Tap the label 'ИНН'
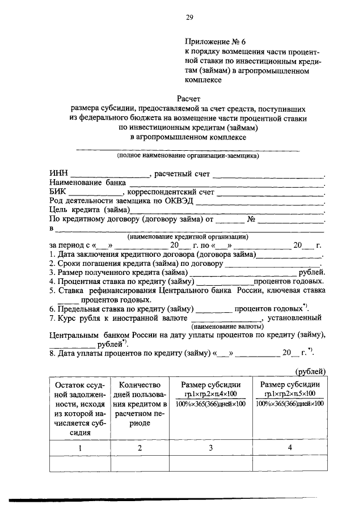pyautogui.click(x=58, y=173)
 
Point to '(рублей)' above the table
pyautogui.click(x=311, y=371)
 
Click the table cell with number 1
pyautogui.click(x=79, y=448)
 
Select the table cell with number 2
pyautogui.click(x=139, y=448)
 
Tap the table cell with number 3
pyautogui.click(x=210, y=448)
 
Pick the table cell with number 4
pyautogui.click(x=289, y=448)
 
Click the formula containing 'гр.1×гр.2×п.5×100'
pyautogui.click(x=289, y=394)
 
